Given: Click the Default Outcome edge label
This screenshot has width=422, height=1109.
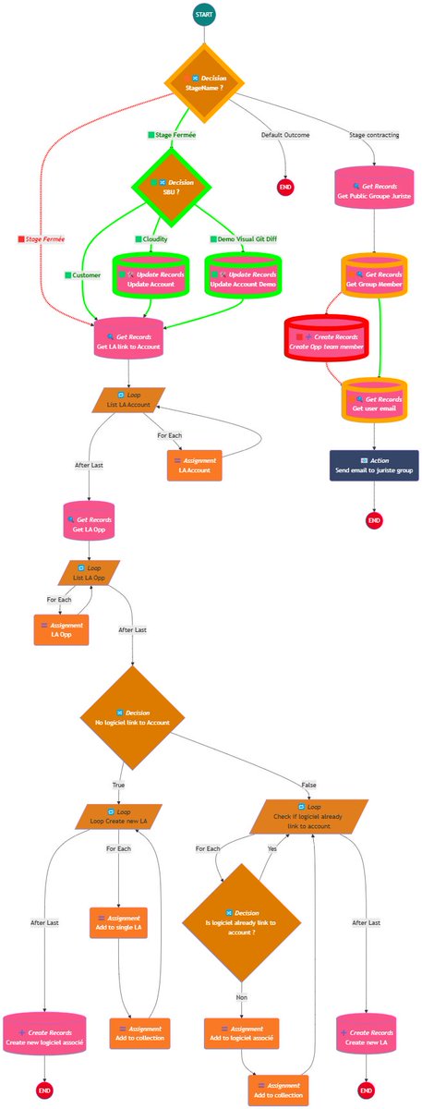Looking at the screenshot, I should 284,135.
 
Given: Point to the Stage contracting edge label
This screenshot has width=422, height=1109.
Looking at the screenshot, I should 374,135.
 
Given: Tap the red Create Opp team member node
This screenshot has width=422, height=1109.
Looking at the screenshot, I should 326,340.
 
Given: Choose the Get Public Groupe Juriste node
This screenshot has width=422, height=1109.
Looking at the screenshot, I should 374,191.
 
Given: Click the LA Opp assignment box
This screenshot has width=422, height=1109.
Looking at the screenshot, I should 62,629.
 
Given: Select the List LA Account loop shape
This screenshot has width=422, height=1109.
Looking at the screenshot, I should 128,399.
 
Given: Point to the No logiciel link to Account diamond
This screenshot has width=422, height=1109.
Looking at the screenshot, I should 133,716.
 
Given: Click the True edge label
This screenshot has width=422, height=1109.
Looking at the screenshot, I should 118,785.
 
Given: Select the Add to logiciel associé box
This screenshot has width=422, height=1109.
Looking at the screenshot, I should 241,1032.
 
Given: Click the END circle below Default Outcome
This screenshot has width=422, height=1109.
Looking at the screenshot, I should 285,188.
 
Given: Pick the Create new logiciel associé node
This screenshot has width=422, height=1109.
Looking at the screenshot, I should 44,1036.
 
